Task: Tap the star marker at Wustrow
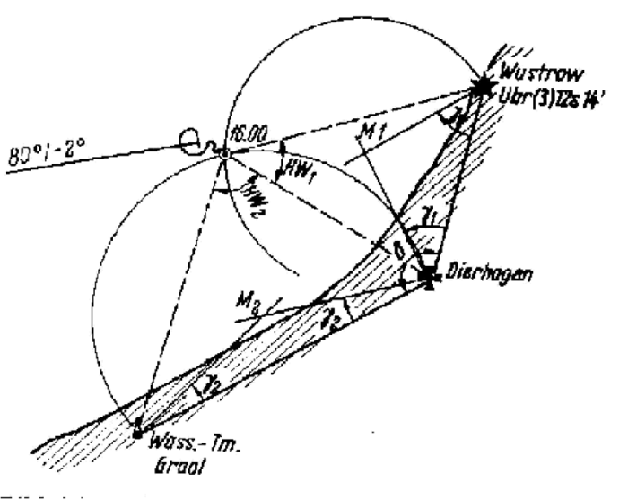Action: (484, 86)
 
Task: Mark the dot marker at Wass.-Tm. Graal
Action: (136, 433)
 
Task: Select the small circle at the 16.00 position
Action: (224, 155)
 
